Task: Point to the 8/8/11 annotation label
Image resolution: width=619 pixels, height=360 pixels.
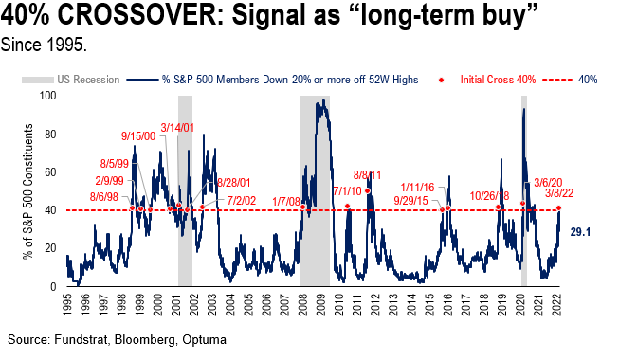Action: pos(367,175)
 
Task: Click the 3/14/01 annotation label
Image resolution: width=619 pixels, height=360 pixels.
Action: pos(176,128)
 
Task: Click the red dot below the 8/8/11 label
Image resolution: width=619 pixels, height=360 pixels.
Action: pos(367,190)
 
